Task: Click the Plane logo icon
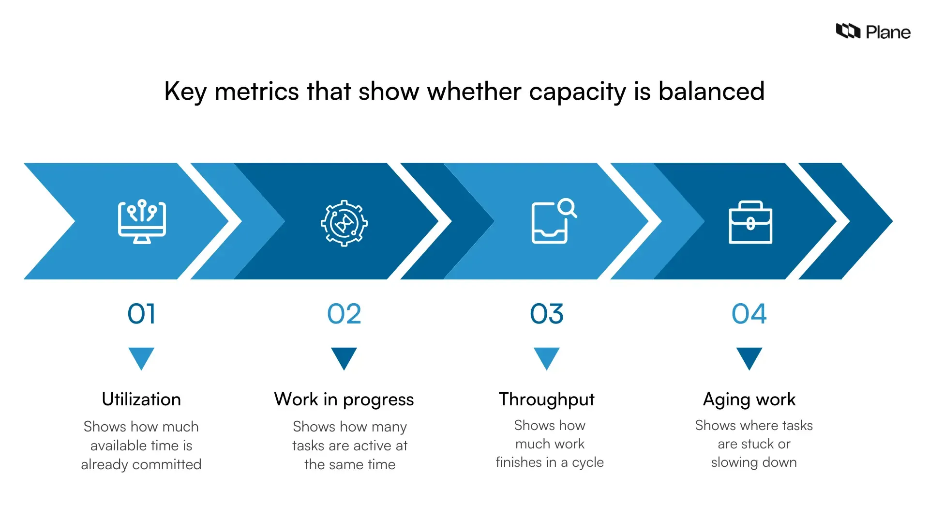(x=848, y=31)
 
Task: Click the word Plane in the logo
(x=888, y=32)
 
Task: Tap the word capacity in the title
(x=578, y=92)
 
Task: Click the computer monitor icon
(x=142, y=222)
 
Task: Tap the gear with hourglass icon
(x=344, y=223)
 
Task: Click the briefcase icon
(x=750, y=222)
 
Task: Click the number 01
(x=141, y=314)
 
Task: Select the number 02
(x=344, y=314)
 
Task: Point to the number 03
(x=547, y=314)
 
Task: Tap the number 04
(x=749, y=314)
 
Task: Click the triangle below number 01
(x=141, y=357)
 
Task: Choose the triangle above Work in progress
(x=344, y=357)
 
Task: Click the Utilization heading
(x=141, y=400)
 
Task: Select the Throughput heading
(x=547, y=400)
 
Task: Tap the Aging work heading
(x=749, y=400)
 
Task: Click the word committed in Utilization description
(x=166, y=464)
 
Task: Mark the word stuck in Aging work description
(x=758, y=444)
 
